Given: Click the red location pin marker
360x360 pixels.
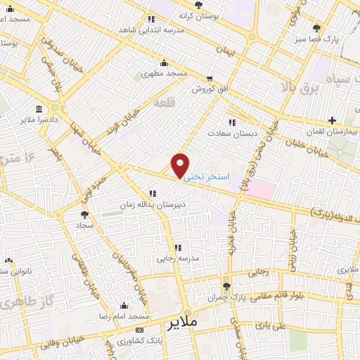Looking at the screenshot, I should tap(181, 166).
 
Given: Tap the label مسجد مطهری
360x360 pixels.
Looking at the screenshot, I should tap(165, 73).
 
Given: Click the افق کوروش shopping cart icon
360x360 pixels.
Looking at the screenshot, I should tap(209, 79).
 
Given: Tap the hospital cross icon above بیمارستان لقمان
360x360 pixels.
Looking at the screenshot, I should tap(332, 121).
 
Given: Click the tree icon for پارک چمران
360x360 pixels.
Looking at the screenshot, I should tap(226, 286).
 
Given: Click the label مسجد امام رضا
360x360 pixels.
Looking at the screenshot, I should tap(124, 316).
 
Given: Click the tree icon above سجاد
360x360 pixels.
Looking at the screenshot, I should tap(85, 214).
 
